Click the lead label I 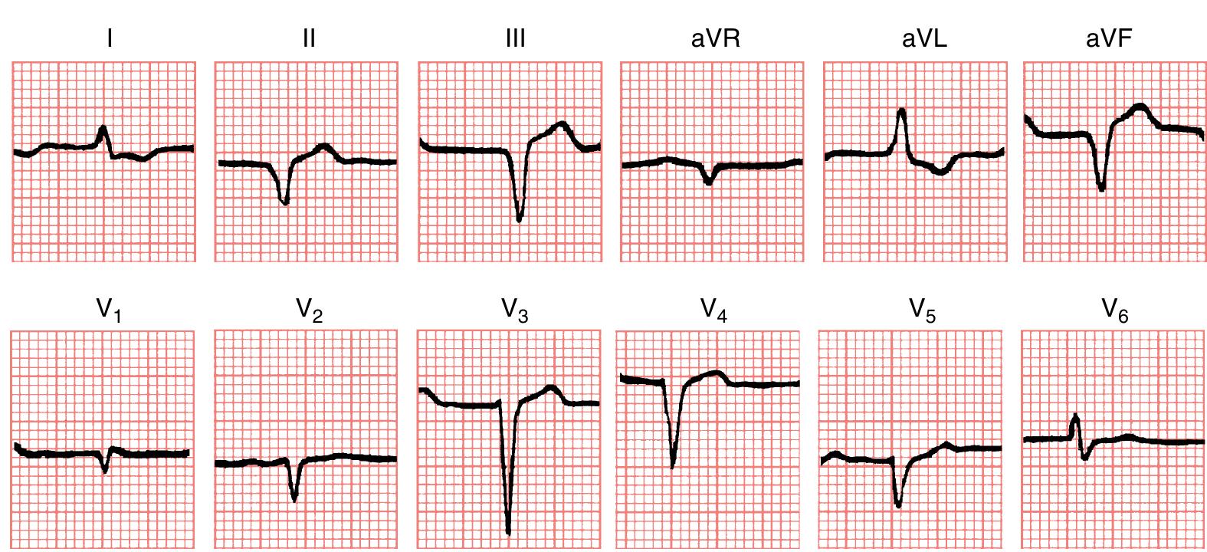coord(110,38)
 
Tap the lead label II coord(309,38)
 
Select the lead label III coord(516,38)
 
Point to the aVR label coord(716,38)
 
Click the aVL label coord(924,38)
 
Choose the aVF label coord(1108,38)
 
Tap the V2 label coord(308,310)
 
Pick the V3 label coord(515,310)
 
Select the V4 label coord(713,310)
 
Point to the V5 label coord(922,310)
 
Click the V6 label coord(1115,310)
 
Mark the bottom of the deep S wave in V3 coord(508,531)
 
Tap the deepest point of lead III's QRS coord(519,220)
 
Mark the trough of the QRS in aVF coord(1101,189)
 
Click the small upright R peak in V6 coord(1075,416)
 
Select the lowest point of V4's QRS coord(672,465)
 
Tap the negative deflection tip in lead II coord(285,202)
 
